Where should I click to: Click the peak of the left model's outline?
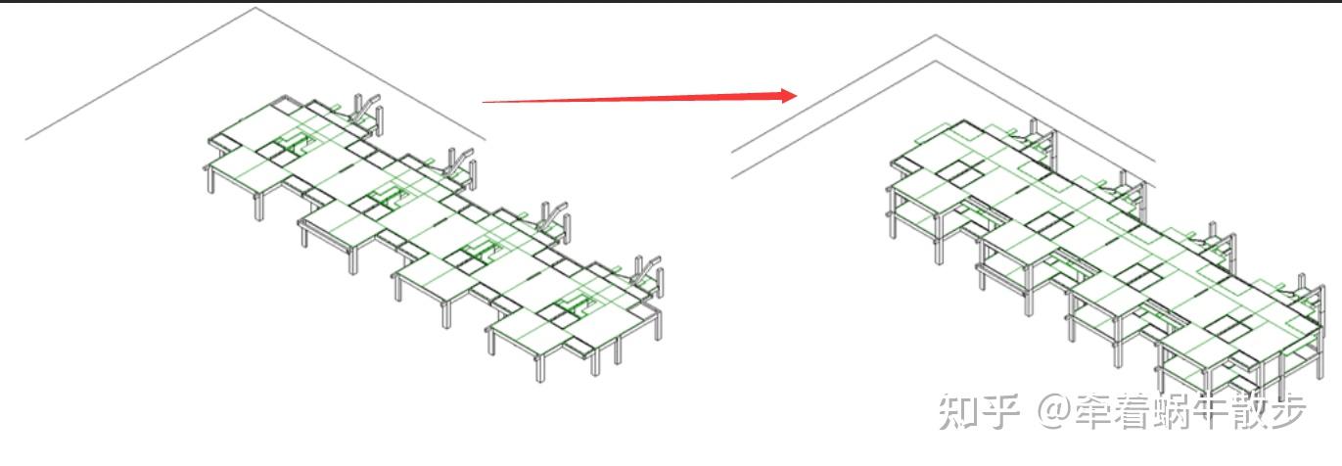pyautogui.click(x=256, y=9)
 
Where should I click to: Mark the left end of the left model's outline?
pyautogui.click(x=26, y=139)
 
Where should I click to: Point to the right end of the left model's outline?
pyautogui.click(x=485, y=140)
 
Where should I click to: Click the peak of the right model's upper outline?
pyautogui.click(x=935, y=36)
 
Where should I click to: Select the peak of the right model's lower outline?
pyautogui.click(x=935, y=62)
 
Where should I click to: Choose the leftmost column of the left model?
pyautogui.click(x=208, y=181)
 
